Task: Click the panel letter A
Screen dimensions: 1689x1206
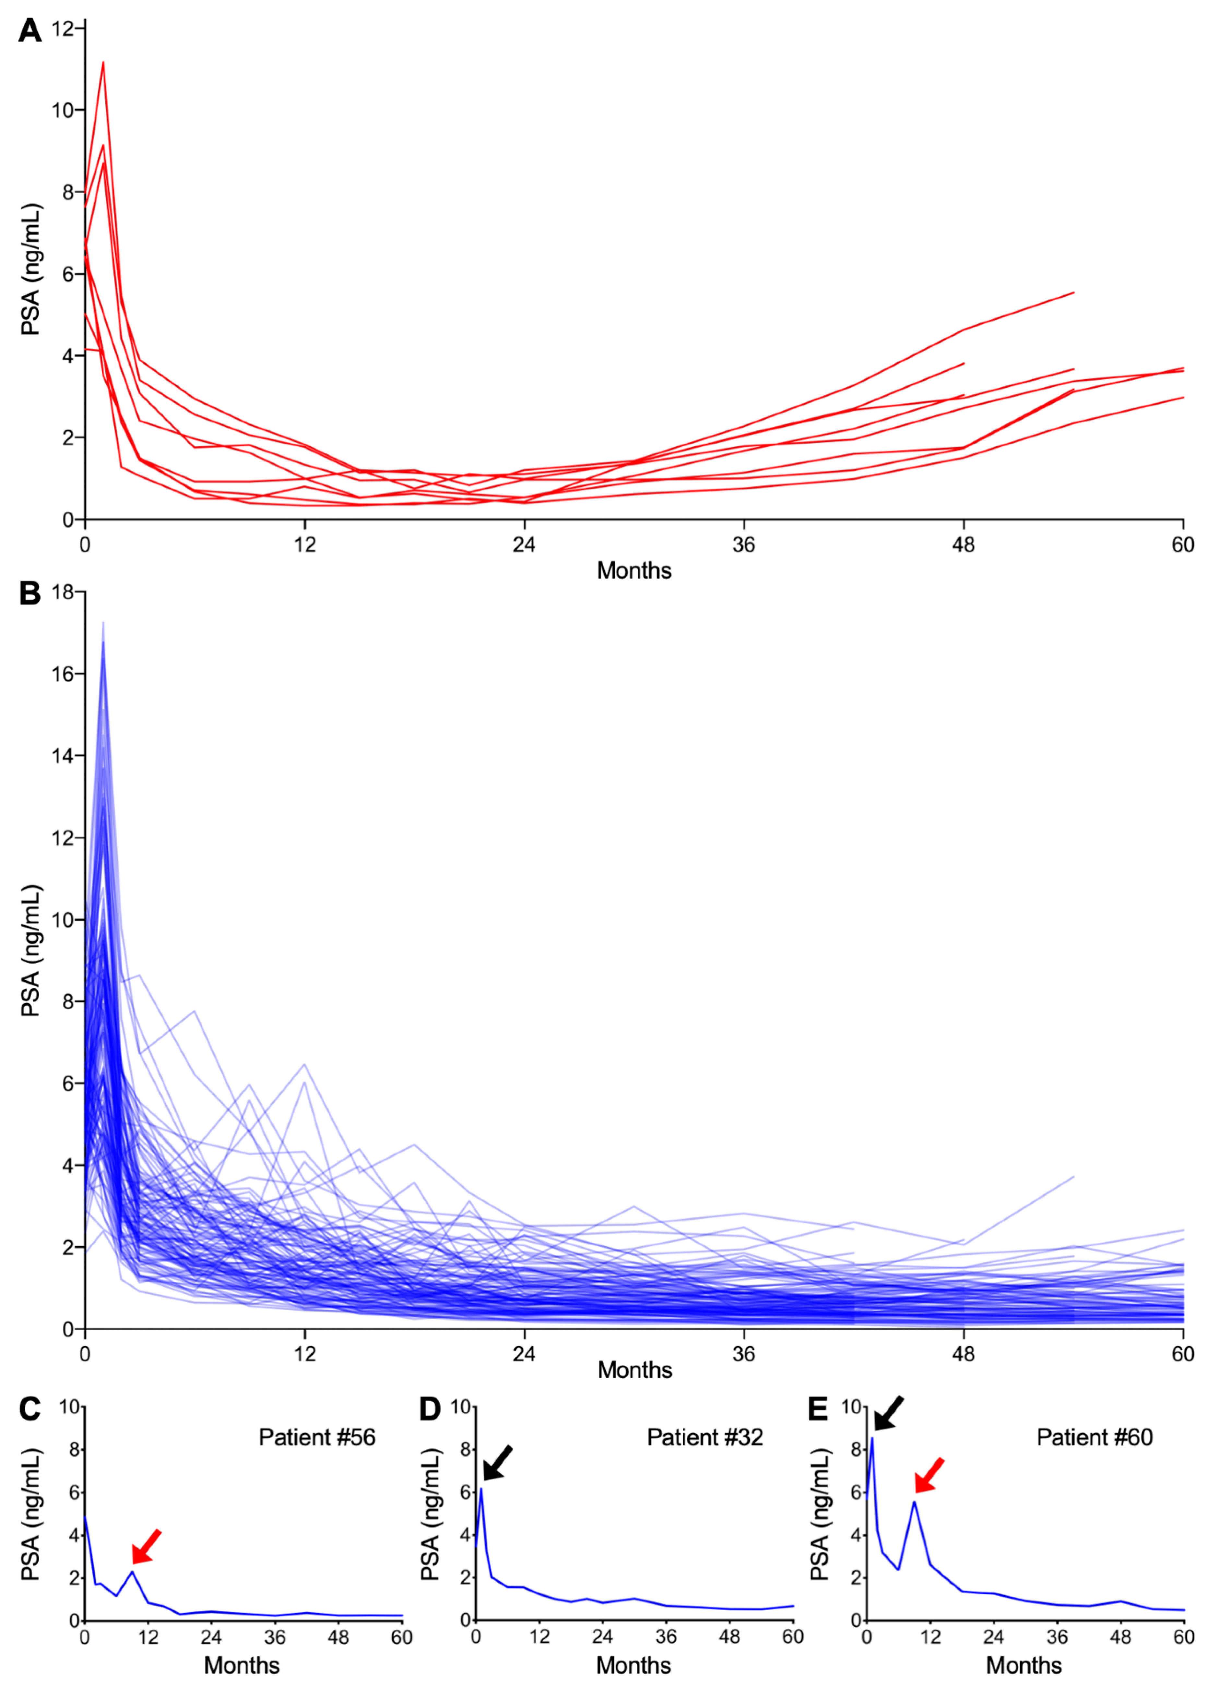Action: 30,31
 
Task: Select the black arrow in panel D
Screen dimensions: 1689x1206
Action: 498,1462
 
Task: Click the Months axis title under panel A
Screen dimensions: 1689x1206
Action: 634,570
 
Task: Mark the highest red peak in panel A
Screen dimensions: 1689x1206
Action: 103,62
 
